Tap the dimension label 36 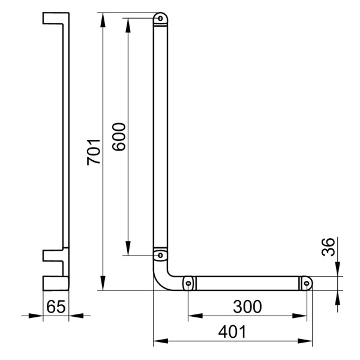pyautogui.click(x=328, y=247)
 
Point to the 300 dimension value pyautogui.click(x=248, y=307)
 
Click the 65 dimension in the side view pyautogui.click(x=55, y=307)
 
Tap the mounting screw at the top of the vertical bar pyautogui.click(x=160, y=19)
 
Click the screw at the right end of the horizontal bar pyautogui.click(x=306, y=283)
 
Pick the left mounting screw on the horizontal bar pyautogui.click(x=188, y=283)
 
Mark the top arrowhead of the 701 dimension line pyautogui.click(x=103, y=17)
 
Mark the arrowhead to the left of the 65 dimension pyautogui.click(x=36, y=314)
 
